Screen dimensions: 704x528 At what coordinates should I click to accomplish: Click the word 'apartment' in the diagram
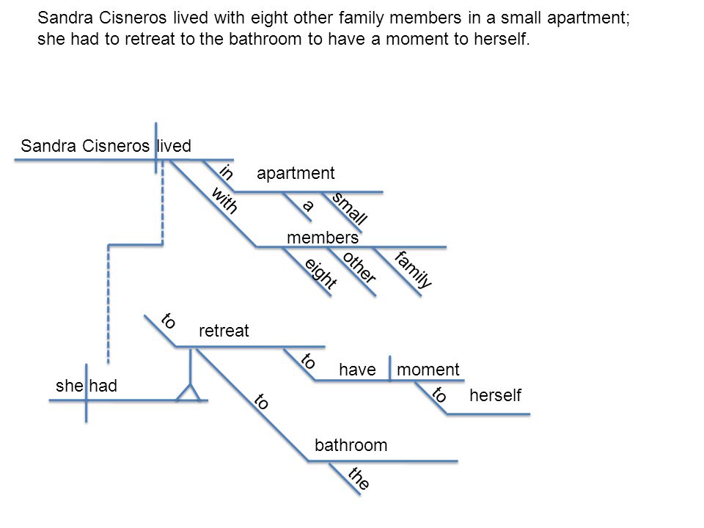296,173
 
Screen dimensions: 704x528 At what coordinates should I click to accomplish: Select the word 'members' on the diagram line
323,238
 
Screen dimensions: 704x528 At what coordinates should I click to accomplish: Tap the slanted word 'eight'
320,274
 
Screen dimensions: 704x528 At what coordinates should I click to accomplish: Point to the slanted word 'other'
359,268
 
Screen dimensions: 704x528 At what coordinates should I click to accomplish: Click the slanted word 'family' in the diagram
414,269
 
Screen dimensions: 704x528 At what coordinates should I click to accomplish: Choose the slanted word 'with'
224,200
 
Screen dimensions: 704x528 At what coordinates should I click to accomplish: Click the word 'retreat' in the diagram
224,331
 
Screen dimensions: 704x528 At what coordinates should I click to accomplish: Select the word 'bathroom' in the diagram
351,445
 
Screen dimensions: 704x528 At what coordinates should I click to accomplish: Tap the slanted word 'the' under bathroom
359,477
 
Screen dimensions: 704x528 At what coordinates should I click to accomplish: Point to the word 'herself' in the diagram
495,395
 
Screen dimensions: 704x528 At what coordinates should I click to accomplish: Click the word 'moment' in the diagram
428,370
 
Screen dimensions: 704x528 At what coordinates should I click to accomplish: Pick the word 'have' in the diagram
357,370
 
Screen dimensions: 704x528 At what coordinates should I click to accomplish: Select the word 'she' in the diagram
69,386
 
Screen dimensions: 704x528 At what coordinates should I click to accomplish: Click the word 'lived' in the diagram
175,146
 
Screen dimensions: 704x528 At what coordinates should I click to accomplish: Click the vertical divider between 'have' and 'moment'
389,368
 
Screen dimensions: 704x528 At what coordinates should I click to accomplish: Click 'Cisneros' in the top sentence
133,18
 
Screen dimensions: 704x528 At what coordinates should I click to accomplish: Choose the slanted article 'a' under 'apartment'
307,205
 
